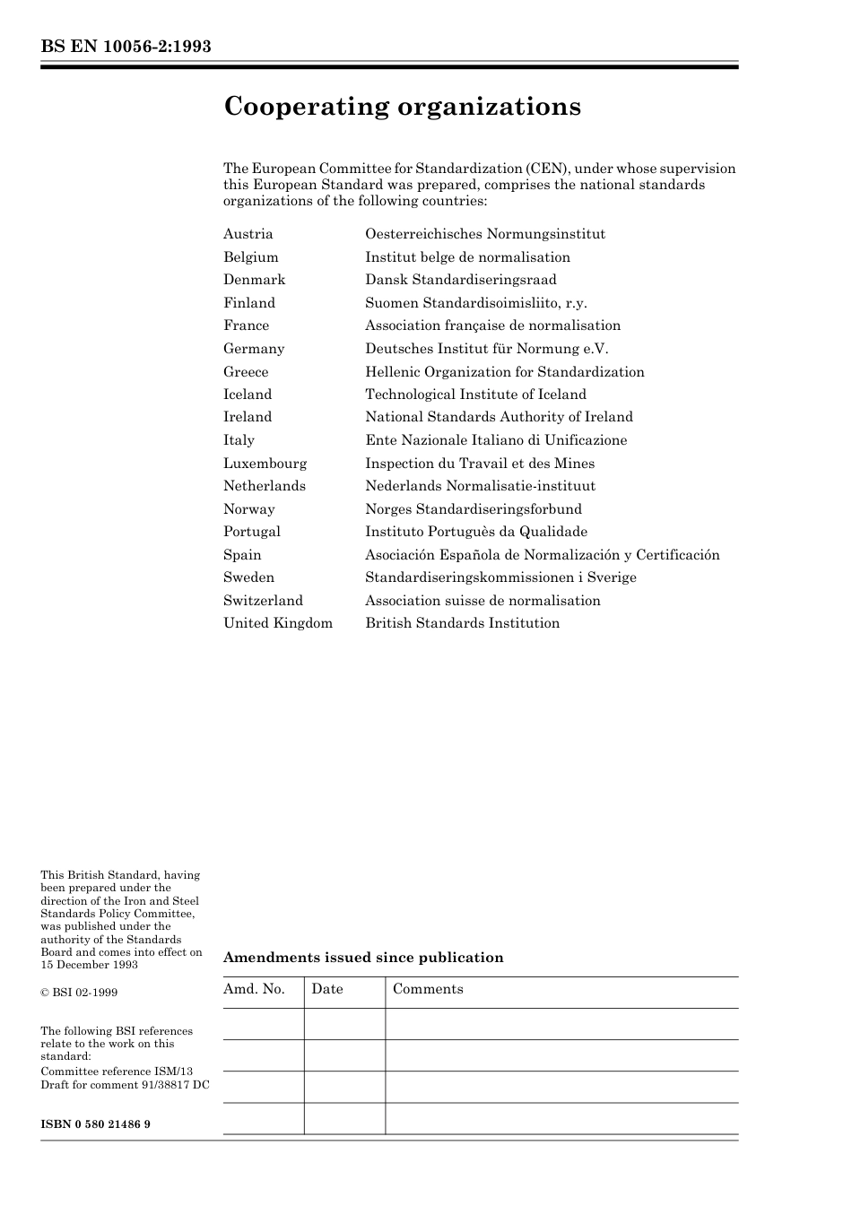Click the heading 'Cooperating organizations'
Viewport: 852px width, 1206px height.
(x=402, y=107)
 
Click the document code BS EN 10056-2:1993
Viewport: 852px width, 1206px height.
(x=126, y=47)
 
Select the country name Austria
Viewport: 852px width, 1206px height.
(x=248, y=234)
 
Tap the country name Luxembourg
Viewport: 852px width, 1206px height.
(x=265, y=464)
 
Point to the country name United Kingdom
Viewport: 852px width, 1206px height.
(x=278, y=623)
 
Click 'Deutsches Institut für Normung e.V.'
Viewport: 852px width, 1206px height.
(x=486, y=349)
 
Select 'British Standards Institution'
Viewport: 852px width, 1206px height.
(x=462, y=623)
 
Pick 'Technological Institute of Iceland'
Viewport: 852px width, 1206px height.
(x=475, y=395)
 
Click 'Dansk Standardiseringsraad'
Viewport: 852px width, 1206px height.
(x=460, y=280)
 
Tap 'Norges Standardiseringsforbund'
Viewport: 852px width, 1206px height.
(x=473, y=509)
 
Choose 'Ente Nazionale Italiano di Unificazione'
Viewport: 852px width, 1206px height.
(x=496, y=440)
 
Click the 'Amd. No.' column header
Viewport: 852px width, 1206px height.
(x=254, y=989)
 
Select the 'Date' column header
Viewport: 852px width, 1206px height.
(x=327, y=989)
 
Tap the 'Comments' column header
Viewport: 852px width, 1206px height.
(x=428, y=989)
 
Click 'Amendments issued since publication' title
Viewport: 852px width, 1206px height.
(x=363, y=958)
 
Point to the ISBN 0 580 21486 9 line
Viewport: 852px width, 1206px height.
(x=95, y=1124)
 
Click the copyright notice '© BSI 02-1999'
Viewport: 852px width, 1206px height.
(x=79, y=993)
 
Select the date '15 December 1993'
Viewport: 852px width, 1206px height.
(x=89, y=965)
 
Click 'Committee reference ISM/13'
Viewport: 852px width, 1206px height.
(x=117, y=1072)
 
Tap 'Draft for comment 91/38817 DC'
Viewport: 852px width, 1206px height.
(x=125, y=1085)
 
